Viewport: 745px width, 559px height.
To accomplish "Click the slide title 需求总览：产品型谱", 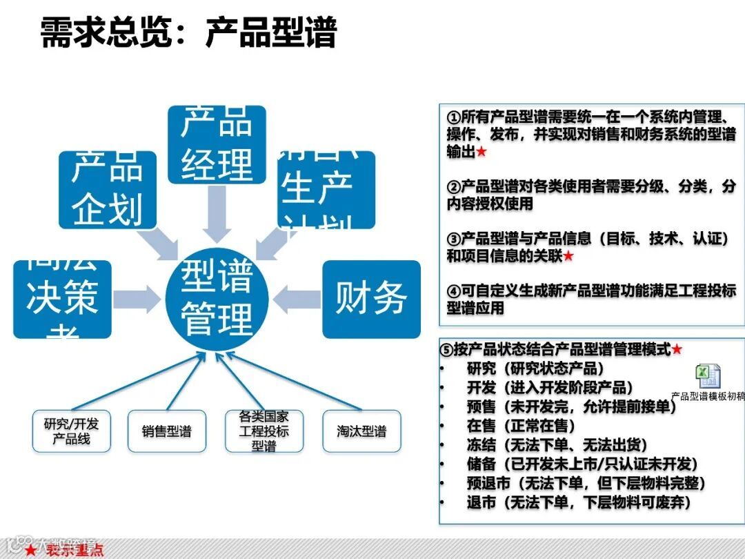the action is [188, 32].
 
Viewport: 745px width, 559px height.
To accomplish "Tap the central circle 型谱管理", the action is [217, 298].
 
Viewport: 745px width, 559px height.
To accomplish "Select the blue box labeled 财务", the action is [371, 299].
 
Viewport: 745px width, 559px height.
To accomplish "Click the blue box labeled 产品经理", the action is [217, 144].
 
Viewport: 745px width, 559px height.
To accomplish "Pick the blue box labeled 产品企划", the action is [107, 189].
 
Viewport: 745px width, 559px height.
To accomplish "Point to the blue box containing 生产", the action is [326, 189].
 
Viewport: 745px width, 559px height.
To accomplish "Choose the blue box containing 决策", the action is [62, 299].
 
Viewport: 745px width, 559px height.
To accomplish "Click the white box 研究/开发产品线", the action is [71, 431].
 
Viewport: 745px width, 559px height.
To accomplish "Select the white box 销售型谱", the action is [166, 431].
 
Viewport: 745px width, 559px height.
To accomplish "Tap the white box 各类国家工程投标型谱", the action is [264, 431].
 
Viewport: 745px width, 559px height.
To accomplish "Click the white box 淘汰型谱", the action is [361, 431].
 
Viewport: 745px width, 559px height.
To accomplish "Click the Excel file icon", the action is [708, 376].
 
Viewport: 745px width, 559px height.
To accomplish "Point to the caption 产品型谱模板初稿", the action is [708, 396].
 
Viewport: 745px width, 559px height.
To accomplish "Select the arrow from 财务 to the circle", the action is [297, 299].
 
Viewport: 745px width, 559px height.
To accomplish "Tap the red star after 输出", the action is [481, 152].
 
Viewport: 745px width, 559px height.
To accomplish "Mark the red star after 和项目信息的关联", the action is [568, 256].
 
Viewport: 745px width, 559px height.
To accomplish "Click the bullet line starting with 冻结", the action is [557, 445].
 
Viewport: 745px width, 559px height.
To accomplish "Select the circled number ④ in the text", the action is [453, 291].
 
